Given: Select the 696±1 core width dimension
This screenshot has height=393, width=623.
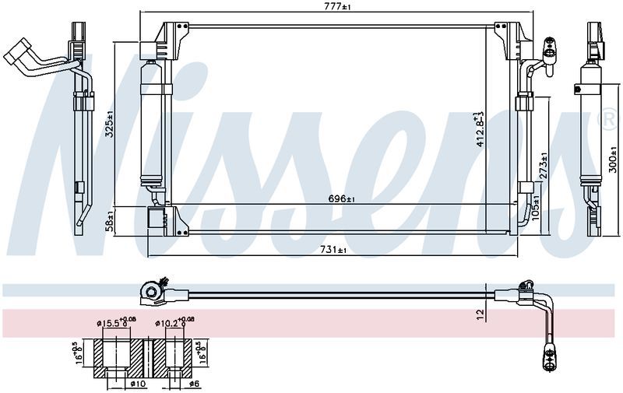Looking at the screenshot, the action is [341, 199].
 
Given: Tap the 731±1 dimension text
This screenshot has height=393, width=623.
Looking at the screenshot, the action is [333, 250].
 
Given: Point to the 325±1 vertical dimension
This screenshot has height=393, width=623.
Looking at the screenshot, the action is [110, 124].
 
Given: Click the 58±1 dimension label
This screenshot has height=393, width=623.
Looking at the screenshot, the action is [110, 222].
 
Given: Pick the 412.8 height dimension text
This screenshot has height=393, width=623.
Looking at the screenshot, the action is [480, 130].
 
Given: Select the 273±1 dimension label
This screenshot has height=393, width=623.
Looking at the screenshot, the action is [544, 165].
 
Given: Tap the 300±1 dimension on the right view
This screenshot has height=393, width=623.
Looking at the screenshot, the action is [613, 160].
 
